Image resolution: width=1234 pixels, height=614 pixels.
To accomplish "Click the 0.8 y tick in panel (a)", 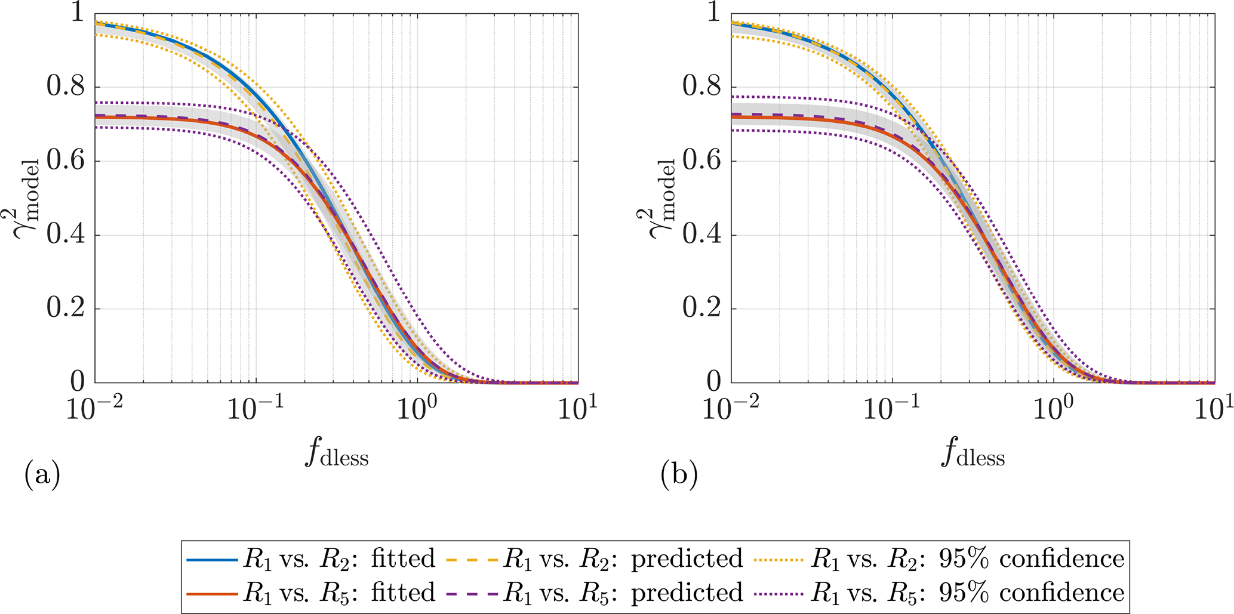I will point(66,87).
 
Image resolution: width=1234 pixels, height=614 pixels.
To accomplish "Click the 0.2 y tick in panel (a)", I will point(66,309).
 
